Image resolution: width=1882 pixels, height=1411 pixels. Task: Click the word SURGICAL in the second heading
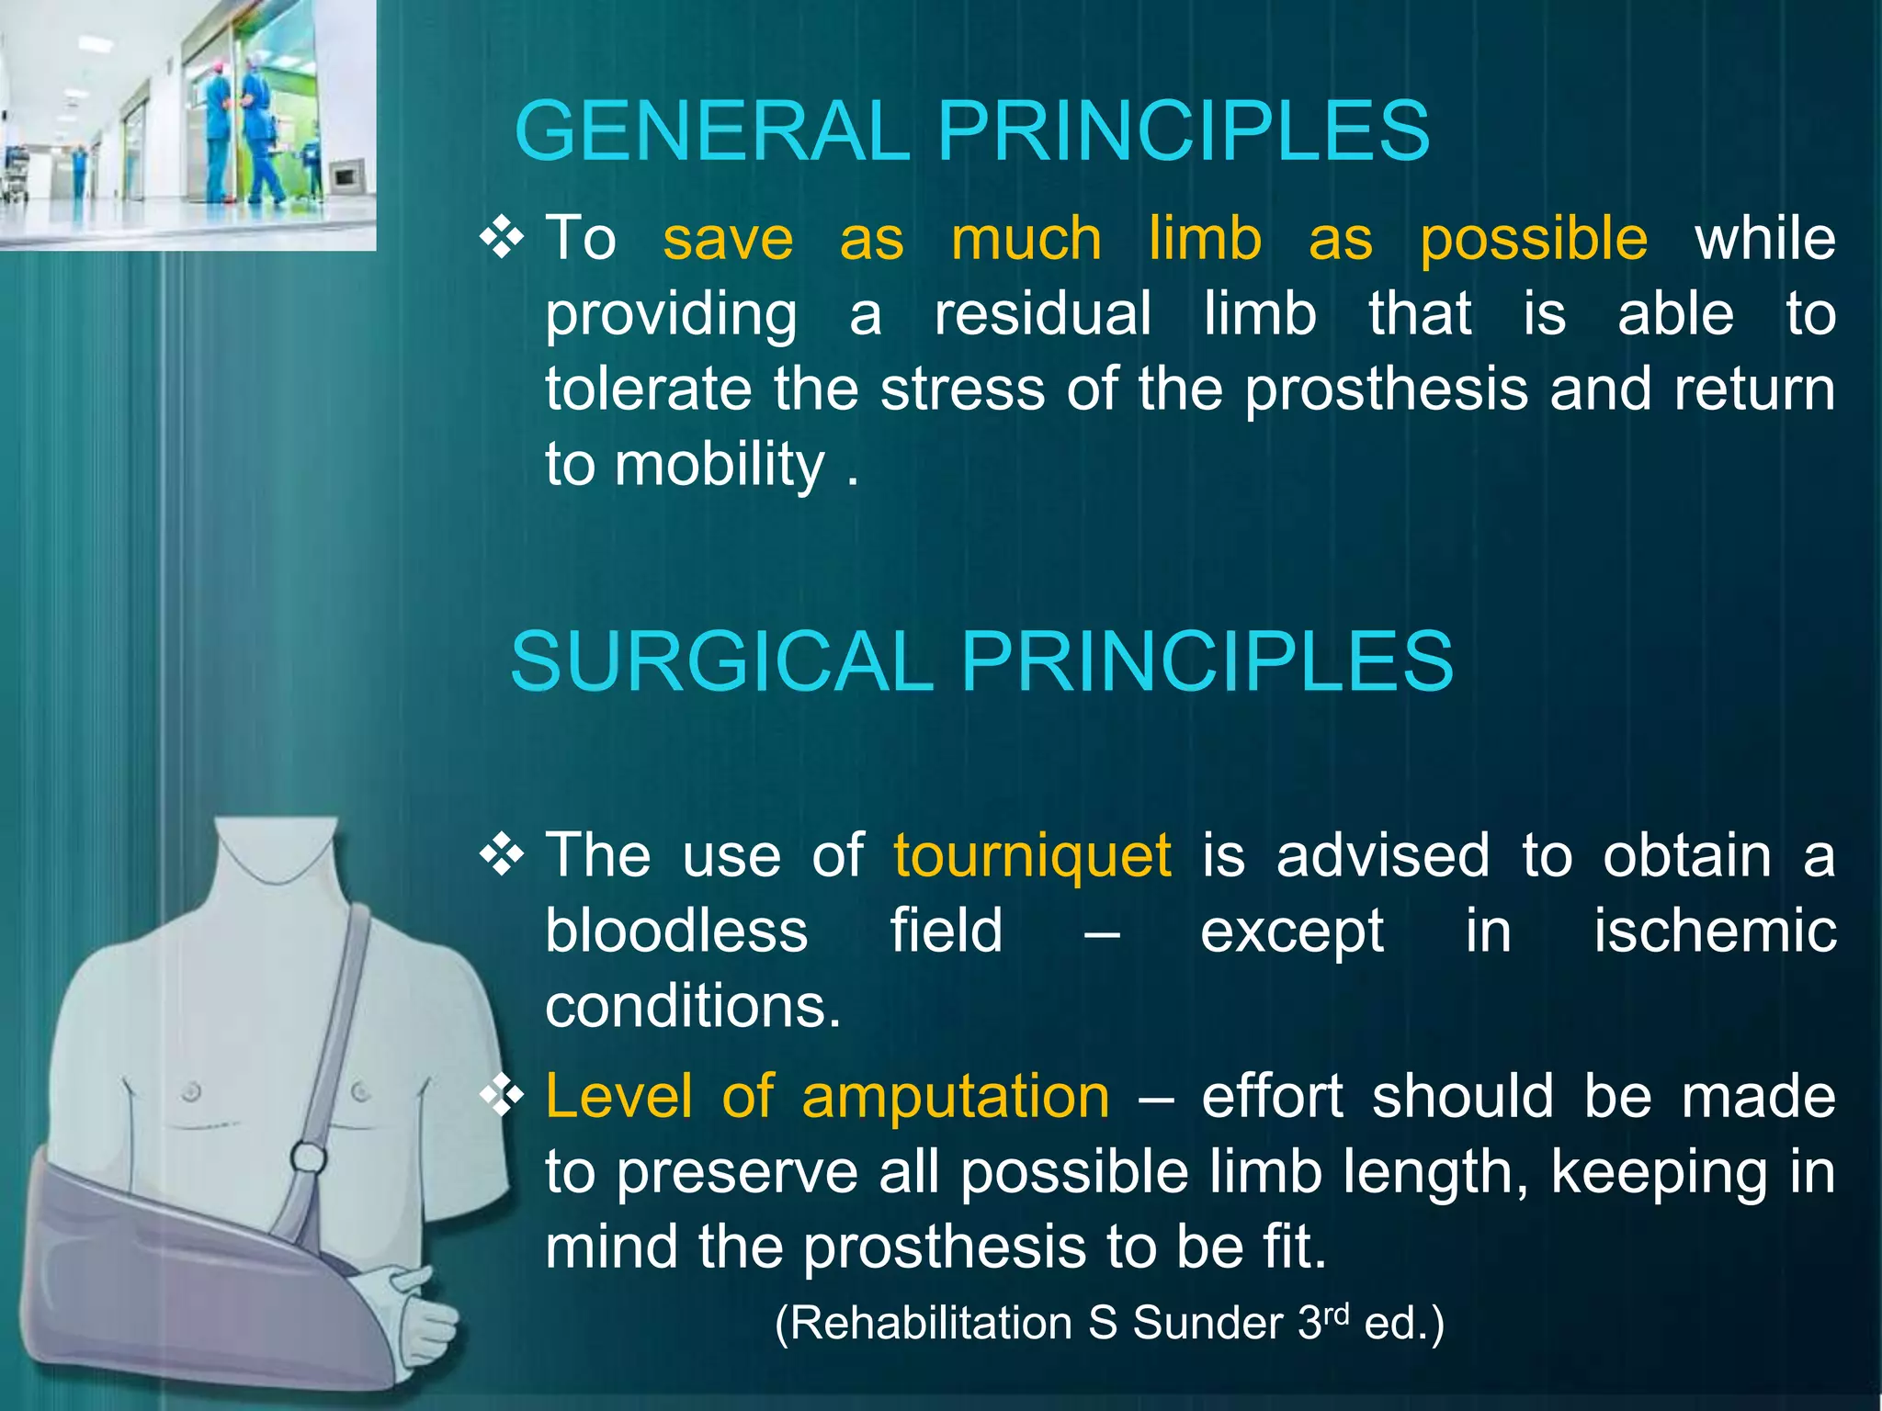pos(721,661)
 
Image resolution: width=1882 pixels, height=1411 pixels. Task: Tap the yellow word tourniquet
pos(1031,856)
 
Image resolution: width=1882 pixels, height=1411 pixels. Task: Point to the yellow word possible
pos(1533,241)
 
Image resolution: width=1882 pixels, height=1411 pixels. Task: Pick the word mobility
pos(720,465)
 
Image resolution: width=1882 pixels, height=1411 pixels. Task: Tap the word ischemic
pos(1714,931)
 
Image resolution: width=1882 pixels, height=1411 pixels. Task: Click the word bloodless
pos(676,931)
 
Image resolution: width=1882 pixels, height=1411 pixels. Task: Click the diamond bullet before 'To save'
pos(502,239)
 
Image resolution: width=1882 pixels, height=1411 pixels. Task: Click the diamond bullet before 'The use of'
pos(502,856)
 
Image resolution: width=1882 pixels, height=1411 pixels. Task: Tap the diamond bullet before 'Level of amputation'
pos(502,1096)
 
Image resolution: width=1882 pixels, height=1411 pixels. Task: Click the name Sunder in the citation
pos(1207,1324)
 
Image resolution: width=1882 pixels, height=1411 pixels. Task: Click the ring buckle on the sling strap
pos(308,1157)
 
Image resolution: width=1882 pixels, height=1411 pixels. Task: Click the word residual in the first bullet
pos(1042,314)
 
